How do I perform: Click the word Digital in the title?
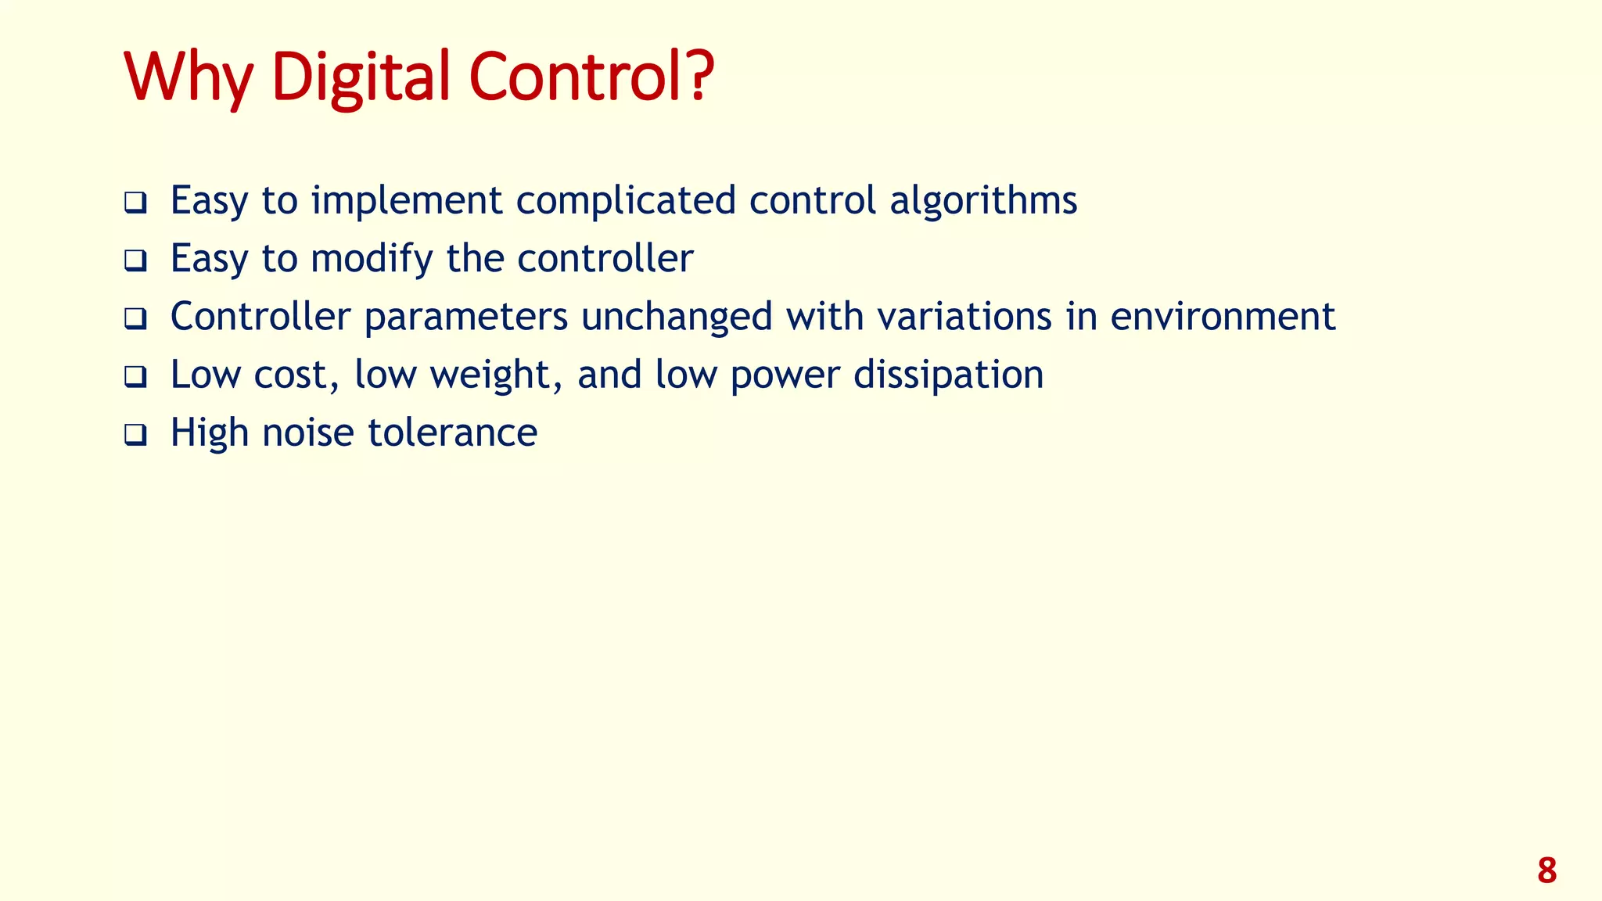[360, 78]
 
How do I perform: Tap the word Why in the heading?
[188, 78]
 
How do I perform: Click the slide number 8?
[1546, 870]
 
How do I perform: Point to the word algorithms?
[983, 202]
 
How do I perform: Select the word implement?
[407, 202]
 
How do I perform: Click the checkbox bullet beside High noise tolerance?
[135, 435]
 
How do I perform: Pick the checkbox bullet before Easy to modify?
[135, 260]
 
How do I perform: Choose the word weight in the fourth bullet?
[495, 375]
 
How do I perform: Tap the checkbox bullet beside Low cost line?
[135, 377]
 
